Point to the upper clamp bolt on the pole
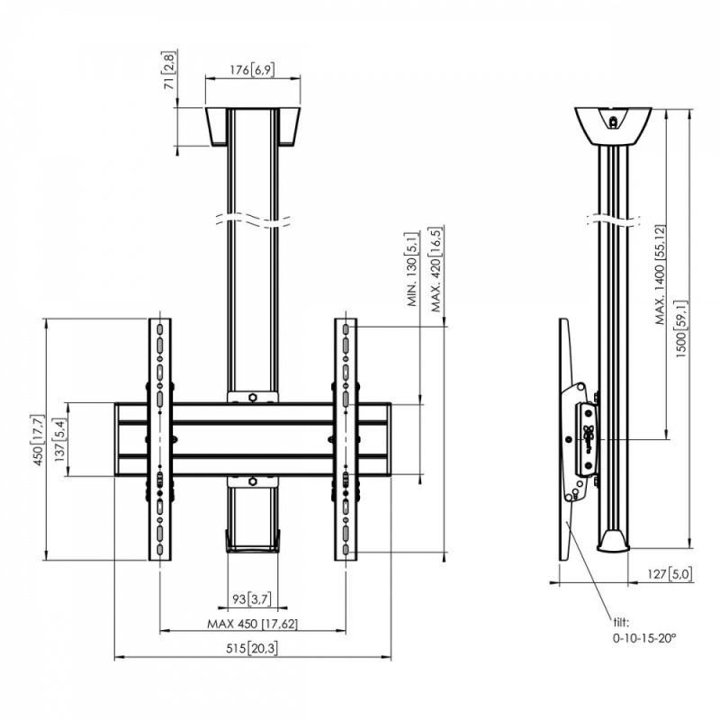[253, 396]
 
